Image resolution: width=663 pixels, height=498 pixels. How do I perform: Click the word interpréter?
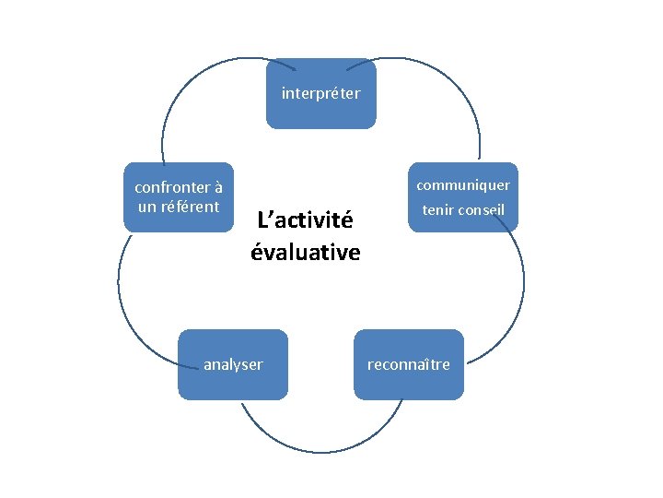click(320, 93)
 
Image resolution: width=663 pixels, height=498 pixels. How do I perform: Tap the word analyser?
click(233, 364)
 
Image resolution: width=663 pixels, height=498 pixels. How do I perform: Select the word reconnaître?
click(409, 364)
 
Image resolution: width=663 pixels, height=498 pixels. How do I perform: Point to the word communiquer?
click(463, 185)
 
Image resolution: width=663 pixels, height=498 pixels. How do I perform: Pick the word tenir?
click(438, 210)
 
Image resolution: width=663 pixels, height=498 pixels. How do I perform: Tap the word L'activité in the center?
click(305, 221)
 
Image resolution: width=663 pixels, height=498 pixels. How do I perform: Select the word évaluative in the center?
click(306, 252)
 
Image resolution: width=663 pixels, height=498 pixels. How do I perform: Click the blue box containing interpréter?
click(320, 115)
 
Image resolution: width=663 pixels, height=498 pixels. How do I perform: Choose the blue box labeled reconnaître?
click(409, 385)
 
